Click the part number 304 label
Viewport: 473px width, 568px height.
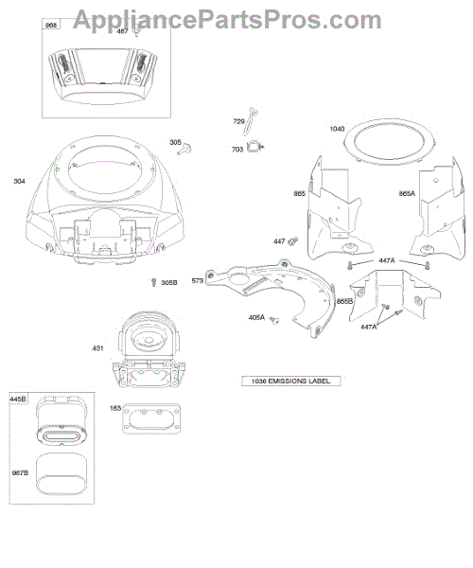(19, 181)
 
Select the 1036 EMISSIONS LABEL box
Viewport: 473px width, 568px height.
(291, 382)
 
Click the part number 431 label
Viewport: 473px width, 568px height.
(97, 348)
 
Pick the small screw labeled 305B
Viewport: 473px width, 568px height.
(154, 282)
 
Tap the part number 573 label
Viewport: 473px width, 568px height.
(197, 281)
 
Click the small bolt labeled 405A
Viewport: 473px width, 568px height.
(275, 320)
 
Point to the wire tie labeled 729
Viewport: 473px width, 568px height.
(251, 120)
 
